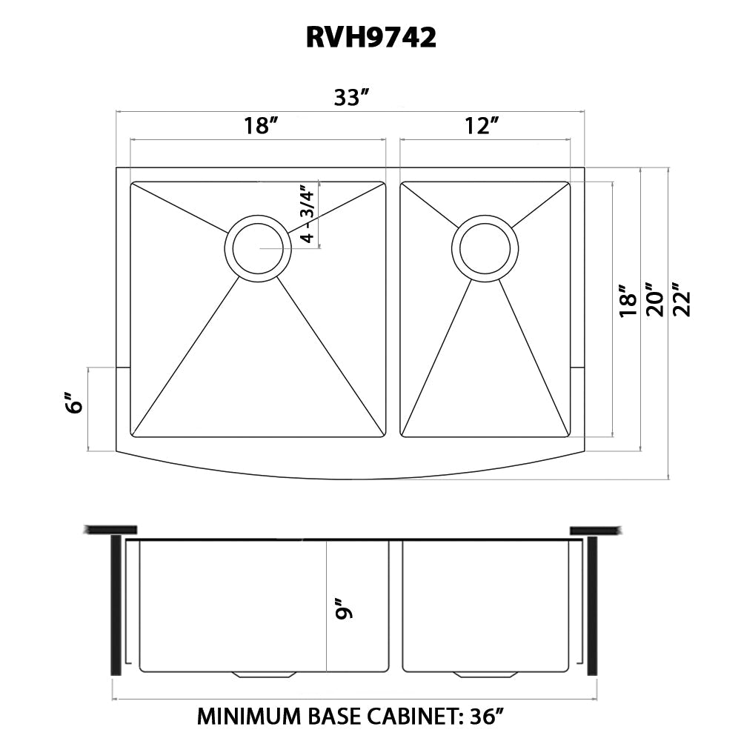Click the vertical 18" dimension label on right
point(627,300)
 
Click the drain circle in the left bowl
point(258,249)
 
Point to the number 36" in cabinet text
point(485,717)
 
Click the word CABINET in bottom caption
point(418,717)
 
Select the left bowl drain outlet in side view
point(264,674)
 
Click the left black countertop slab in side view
point(111,529)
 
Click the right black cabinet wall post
point(591,605)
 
